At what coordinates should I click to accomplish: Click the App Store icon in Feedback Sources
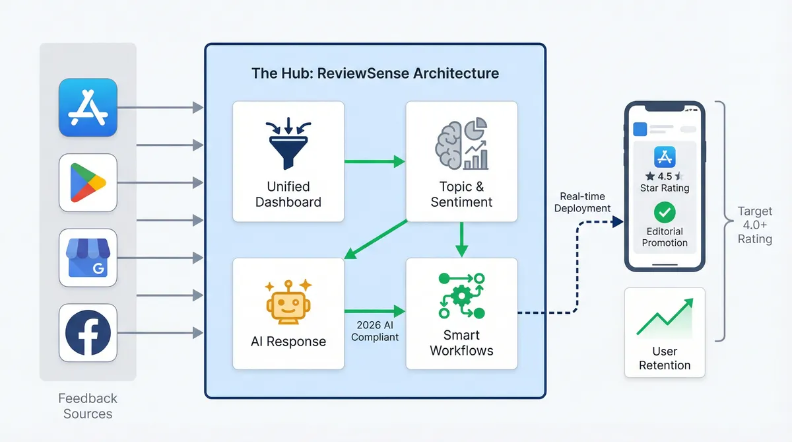coord(88,108)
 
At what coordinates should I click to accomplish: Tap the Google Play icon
coord(88,182)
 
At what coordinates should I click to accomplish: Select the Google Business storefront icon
coord(88,258)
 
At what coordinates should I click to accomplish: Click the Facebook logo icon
coord(88,332)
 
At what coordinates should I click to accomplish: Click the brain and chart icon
coord(461,143)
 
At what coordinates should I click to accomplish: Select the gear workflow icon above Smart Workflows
coord(461,295)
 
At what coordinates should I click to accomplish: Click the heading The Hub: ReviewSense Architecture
coord(375,73)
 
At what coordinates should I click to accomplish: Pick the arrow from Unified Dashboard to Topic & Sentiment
coord(374,161)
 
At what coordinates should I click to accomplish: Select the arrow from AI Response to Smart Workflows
coord(374,311)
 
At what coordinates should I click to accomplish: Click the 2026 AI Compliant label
coord(375,330)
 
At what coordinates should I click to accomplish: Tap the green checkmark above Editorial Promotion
coord(664,213)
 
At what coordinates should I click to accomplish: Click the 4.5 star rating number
coord(665,176)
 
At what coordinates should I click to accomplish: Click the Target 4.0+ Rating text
coord(754,225)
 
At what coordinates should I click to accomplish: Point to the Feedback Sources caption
coord(88,406)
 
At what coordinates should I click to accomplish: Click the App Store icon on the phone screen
coord(664,157)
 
